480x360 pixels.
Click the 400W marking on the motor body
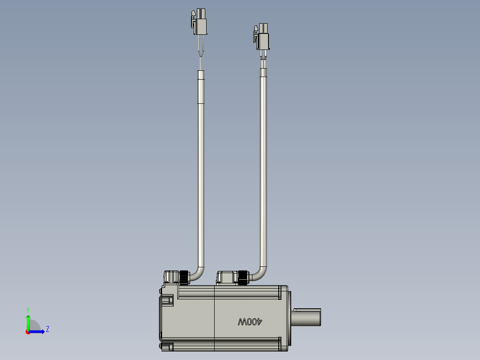(x=251, y=321)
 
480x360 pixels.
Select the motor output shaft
(x=307, y=317)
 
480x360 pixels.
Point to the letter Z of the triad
(x=47, y=329)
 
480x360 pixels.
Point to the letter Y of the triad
(x=28, y=309)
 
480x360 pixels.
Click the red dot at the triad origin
(x=28, y=331)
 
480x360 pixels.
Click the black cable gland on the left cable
(x=184, y=277)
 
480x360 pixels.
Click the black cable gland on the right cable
(x=243, y=277)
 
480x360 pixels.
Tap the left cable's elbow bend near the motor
(x=199, y=272)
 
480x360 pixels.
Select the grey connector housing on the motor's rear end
(x=171, y=277)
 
